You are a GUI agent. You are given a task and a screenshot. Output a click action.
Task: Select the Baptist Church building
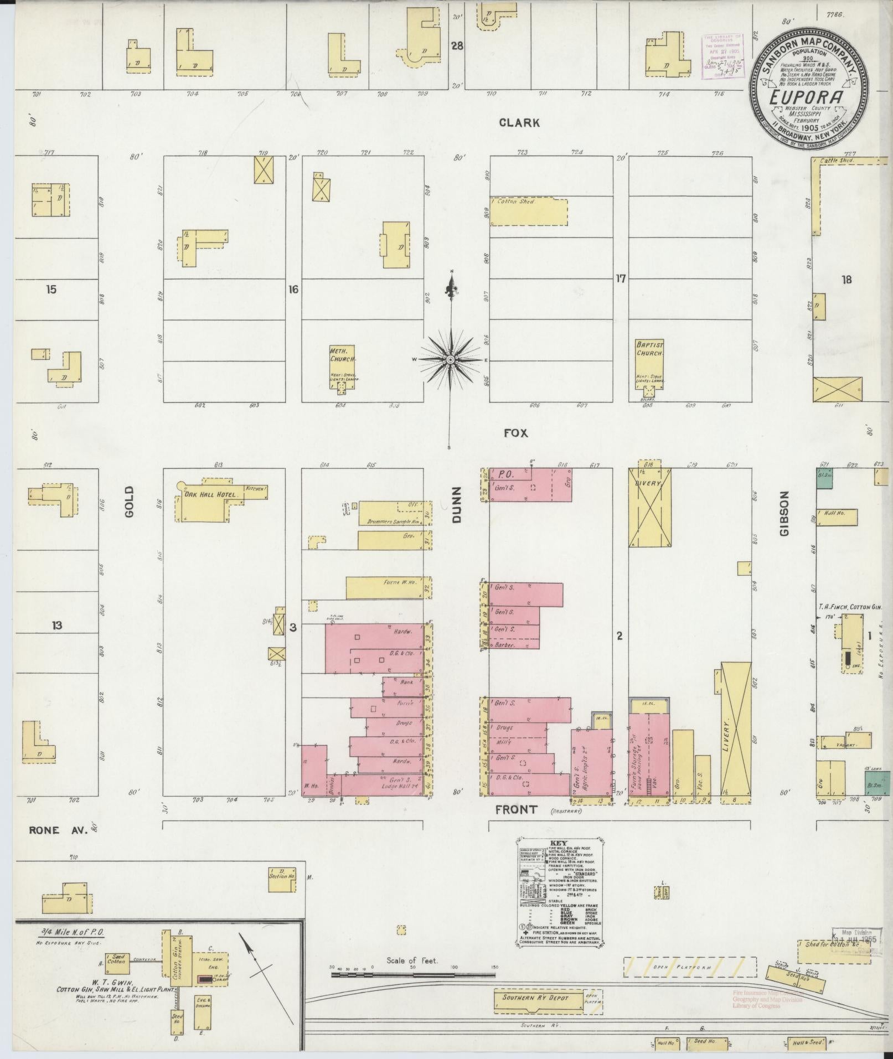[x=649, y=366]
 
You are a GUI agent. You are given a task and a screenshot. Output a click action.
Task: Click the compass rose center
[x=451, y=360]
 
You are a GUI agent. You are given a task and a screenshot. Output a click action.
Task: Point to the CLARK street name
[x=519, y=123]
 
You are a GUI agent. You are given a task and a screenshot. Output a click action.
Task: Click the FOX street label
[x=515, y=433]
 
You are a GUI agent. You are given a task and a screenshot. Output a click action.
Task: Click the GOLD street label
[x=130, y=502]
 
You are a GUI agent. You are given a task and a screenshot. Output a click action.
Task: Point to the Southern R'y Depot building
[x=536, y=998]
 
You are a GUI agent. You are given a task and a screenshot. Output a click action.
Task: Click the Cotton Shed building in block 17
[x=529, y=212]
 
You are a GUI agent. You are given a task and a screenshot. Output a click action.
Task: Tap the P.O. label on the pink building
[x=503, y=474]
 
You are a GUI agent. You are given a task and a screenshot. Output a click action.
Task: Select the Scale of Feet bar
[x=412, y=975]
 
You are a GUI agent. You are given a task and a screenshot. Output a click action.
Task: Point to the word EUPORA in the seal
[x=809, y=96]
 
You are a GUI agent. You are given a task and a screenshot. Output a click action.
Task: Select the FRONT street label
[x=516, y=809]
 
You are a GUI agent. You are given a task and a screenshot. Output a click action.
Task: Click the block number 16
[x=293, y=289]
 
